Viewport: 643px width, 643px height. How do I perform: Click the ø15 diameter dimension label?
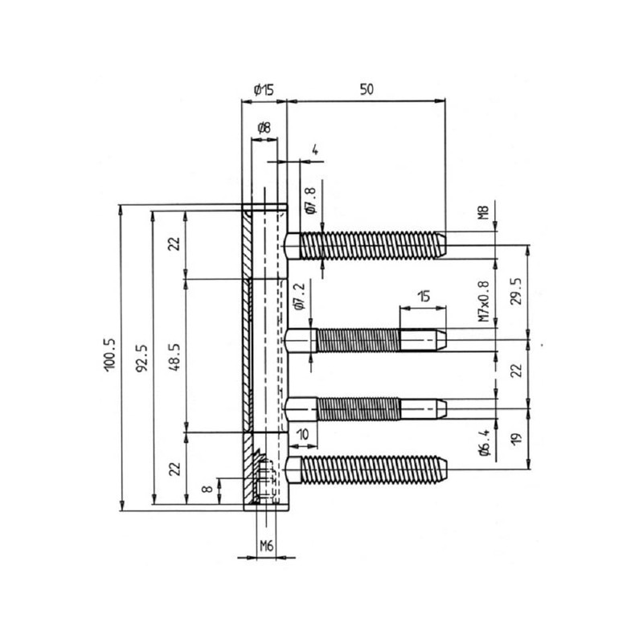[264, 90]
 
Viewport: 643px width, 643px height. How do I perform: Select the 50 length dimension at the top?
[366, 90]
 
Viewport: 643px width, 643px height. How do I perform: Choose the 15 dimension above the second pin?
[424, 297]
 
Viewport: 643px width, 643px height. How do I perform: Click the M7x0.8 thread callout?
[483, 301]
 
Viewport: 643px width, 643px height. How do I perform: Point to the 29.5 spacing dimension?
[517, 289]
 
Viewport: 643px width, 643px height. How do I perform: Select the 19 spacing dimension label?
[517, 438]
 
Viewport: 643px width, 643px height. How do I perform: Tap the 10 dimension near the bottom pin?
[302, 434]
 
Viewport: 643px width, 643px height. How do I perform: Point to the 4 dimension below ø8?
[314, 149]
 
